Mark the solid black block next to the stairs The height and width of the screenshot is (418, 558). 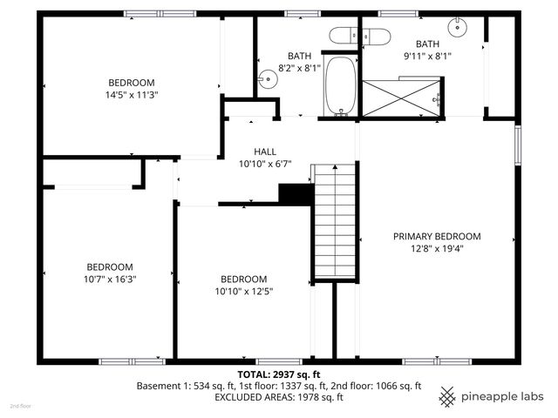tap(296, 193)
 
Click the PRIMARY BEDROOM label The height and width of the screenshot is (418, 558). tap(437, 236)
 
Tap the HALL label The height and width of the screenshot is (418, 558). tap(265, 151)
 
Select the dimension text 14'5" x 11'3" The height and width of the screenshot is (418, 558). tap(126, 95)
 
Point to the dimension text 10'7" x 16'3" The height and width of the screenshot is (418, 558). tap(109, 279)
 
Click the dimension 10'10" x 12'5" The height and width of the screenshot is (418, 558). tap(243, 292)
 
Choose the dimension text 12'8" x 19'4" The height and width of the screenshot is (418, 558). tap(437, 248)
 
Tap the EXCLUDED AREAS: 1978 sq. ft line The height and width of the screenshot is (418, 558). tap(278, 397)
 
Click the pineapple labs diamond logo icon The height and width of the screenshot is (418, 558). tap(447, 396)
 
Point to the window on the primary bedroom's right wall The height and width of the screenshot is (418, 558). tap(518, 145)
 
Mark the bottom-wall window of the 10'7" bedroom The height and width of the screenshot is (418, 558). tap(132, 361)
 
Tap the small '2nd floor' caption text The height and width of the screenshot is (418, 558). tap(20, 407)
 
